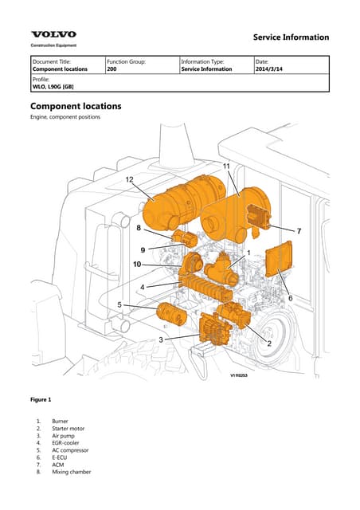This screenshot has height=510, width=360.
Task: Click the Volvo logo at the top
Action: coord(54,34)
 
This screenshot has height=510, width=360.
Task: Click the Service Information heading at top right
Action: coord(290,37)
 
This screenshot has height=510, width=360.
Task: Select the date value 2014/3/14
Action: coord(271,69)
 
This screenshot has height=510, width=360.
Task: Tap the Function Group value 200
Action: coord(112,69)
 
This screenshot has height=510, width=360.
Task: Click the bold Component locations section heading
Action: coord(75,106)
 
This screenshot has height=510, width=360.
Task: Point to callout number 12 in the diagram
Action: coord(129,180)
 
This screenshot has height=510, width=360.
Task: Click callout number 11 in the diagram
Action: coord(226,166)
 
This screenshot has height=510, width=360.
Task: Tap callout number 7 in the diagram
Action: coord(299,230)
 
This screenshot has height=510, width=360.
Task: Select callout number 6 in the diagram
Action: coord(290,297)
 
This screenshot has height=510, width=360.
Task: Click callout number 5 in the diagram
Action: coord(119,304)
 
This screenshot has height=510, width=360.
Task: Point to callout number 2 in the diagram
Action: coord(269,343)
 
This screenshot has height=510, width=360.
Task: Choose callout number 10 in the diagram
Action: coord(137,264)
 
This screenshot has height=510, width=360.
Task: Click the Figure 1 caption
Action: coord(41,398)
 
